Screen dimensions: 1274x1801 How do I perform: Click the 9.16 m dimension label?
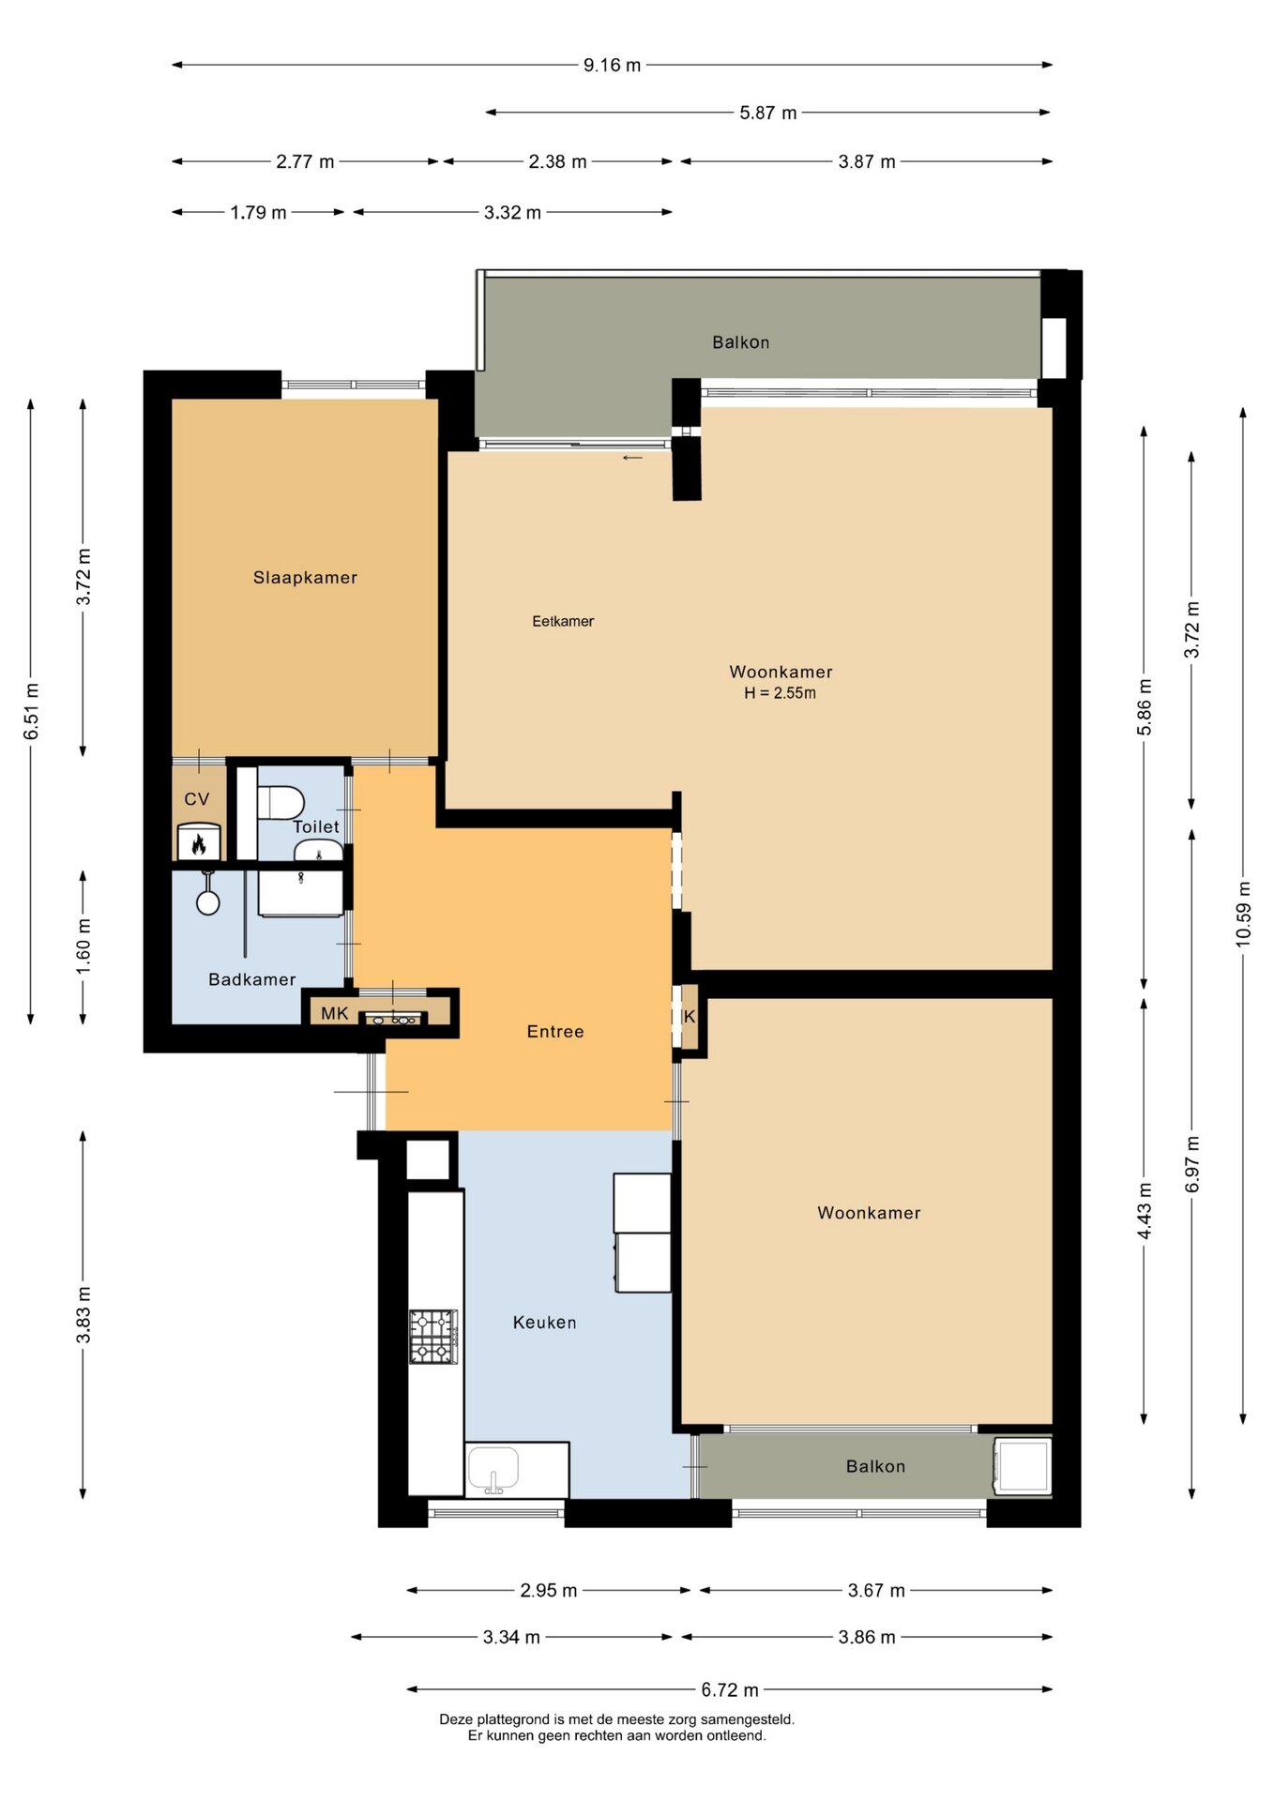click(x=612, y=65)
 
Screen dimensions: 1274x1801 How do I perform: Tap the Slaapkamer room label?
click(x=305, y=578)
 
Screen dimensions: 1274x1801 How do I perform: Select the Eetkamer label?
click(x=563, y=621)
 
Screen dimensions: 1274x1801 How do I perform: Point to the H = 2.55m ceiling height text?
click(x=780, y=693)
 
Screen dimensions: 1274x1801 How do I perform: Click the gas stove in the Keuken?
click(x=433, y=1337)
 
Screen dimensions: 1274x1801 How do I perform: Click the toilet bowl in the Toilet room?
click(x=281, y=803)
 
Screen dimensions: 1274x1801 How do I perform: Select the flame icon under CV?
click(x=198, y=844)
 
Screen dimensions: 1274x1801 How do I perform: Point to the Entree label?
click(x=555, y=1032)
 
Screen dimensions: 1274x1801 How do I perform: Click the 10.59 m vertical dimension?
click(x=1243, y=914)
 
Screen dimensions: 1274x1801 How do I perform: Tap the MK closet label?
click(x=334, y=1013)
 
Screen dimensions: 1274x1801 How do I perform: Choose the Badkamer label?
click(x=251, y=979)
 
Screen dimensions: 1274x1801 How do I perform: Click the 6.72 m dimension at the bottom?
click(x=730, y=1689)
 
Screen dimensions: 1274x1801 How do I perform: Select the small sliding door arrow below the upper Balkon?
click(x=633, y=458)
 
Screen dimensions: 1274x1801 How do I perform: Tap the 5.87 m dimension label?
click(x=767, y=113)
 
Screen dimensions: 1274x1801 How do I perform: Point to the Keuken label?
click(x=544, y=1323)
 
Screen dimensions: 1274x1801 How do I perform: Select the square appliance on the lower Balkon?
click(x=1023, y=1466)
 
